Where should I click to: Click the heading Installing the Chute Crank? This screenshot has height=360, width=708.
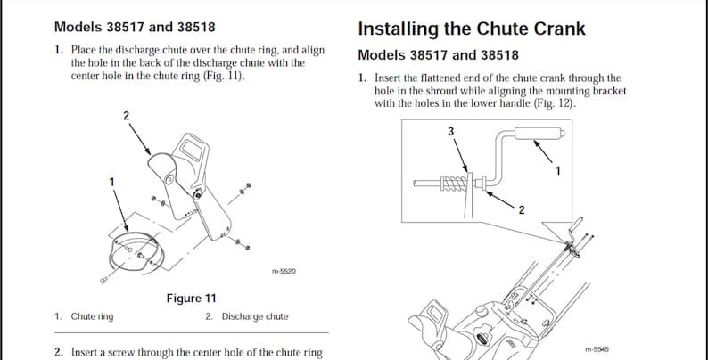(x=472, y=29)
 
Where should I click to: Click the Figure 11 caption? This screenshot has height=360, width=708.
(x=191, y=298)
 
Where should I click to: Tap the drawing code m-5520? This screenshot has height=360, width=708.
(x=283, y=271)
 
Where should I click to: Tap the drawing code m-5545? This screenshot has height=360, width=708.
(x=596, y=348)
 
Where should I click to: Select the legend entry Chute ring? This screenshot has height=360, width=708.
(x=92, y=316)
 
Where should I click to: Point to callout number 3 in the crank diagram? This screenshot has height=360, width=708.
(x=450, y=131)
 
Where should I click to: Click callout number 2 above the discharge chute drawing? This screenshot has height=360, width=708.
(x=126, y=116)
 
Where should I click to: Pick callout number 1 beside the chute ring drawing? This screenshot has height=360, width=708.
(x=111, y=182)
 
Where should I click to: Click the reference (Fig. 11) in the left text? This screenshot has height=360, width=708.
(x=221, y=76)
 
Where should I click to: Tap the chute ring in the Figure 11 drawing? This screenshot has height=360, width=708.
(x=134, y=250)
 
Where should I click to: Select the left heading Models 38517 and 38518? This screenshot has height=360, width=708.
(x=135, y=28)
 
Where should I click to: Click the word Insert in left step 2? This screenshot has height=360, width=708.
(x=86, y=352)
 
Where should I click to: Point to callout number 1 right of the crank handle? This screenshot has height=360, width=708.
(x=557, y=171)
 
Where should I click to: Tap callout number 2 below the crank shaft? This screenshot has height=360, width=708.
(x=521, y=209)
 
